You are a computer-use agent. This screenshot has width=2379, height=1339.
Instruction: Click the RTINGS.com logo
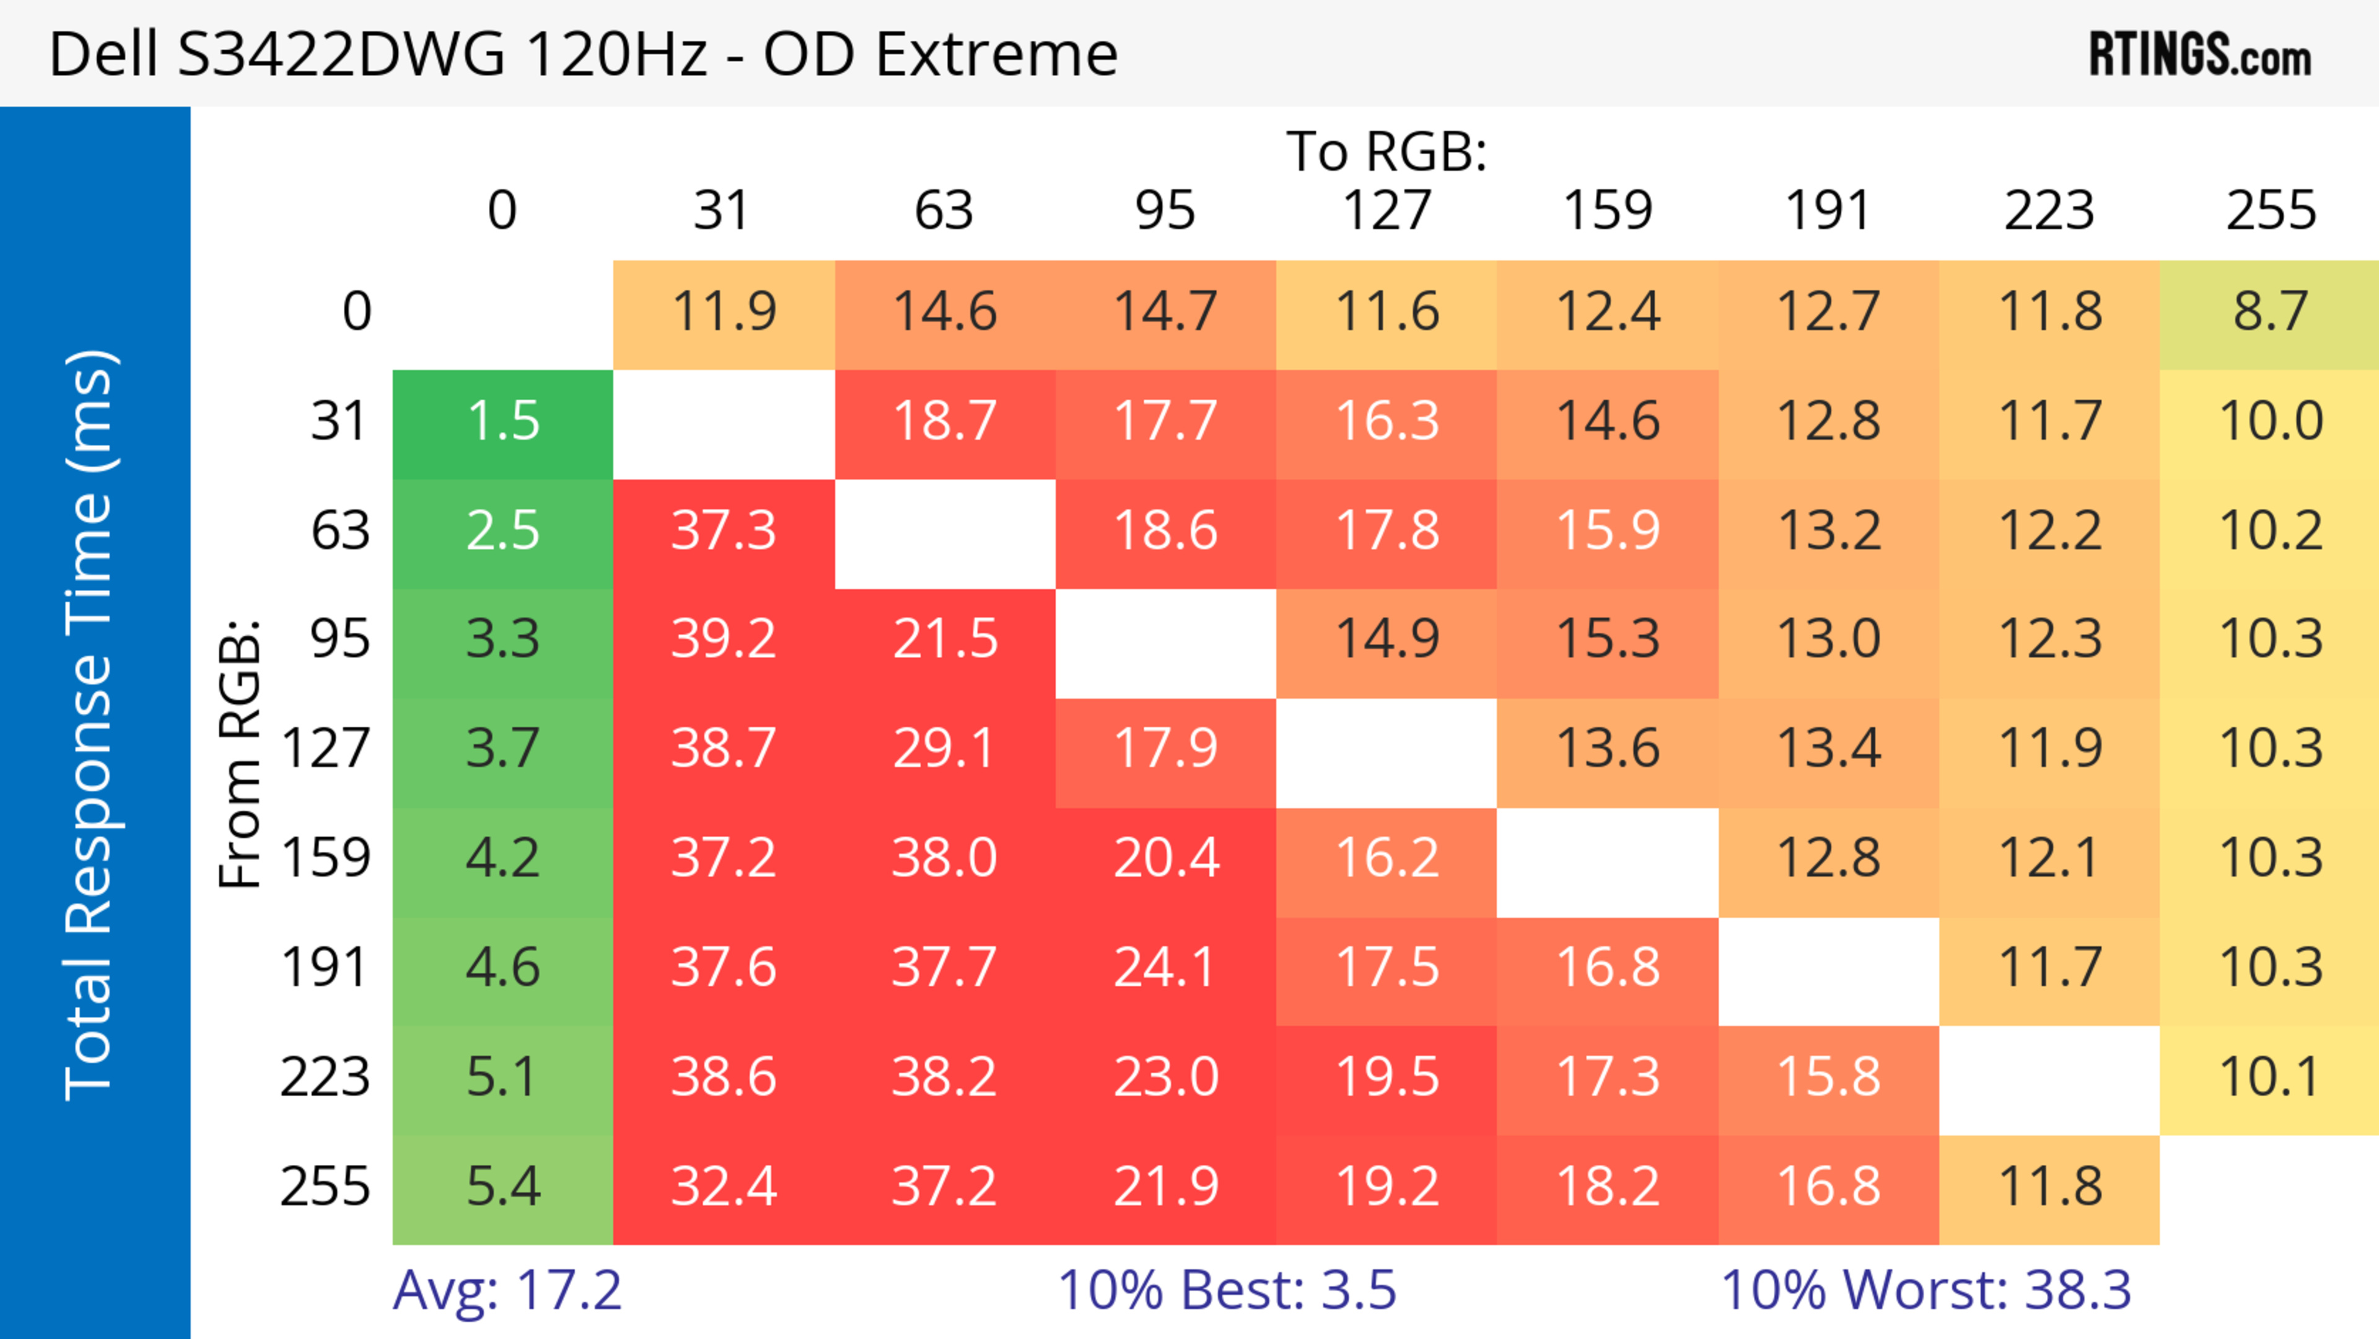coord(2200,53)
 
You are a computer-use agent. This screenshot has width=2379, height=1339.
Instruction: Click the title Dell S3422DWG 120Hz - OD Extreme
coord(583,53)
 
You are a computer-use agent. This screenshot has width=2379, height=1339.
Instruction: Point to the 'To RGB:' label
coord(1387,151)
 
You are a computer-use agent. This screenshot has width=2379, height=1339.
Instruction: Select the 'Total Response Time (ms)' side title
coord(90,725)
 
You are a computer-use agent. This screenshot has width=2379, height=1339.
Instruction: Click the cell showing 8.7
coord(2270,311)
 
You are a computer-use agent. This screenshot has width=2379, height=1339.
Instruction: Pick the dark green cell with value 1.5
coord(503,421)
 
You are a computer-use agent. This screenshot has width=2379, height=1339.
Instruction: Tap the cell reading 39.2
coord(723,639)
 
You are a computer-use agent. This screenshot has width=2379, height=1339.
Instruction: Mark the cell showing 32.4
coord(723,1187)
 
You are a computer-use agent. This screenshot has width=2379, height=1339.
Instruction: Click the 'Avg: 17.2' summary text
coord(507,1290)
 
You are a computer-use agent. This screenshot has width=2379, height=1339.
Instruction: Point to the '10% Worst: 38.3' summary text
coord(1926,1290)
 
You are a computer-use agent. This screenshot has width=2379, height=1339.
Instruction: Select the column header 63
coord(944,211)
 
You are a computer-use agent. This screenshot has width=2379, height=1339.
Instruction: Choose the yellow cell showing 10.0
coord(2270,421)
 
